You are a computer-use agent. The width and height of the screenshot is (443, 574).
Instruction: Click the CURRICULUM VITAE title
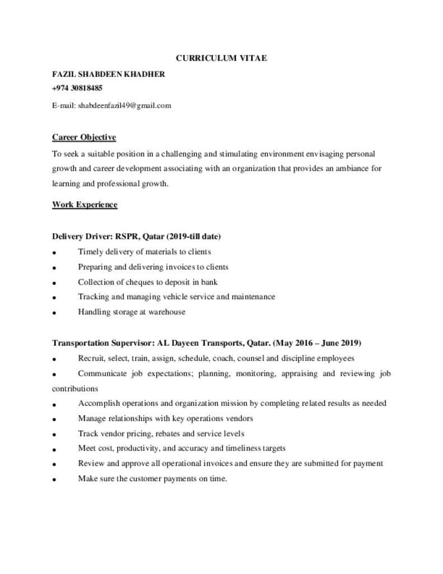click(x=221, y=58)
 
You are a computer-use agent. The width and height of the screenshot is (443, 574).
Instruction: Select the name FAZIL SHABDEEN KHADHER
click(x=108, y=73)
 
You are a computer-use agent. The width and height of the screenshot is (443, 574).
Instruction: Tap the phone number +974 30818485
click(x=77, y=88)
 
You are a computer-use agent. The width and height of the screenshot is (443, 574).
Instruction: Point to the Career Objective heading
click(x=84, y=137)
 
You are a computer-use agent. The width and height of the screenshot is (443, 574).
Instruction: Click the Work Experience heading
click(x=85, y=205)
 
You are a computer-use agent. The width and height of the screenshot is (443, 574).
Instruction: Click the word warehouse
click(x=166, y=312)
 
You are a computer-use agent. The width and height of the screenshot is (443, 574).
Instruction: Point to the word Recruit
click(x=90, y=358)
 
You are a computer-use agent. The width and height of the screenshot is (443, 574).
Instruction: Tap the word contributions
click(x=75, y=388)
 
